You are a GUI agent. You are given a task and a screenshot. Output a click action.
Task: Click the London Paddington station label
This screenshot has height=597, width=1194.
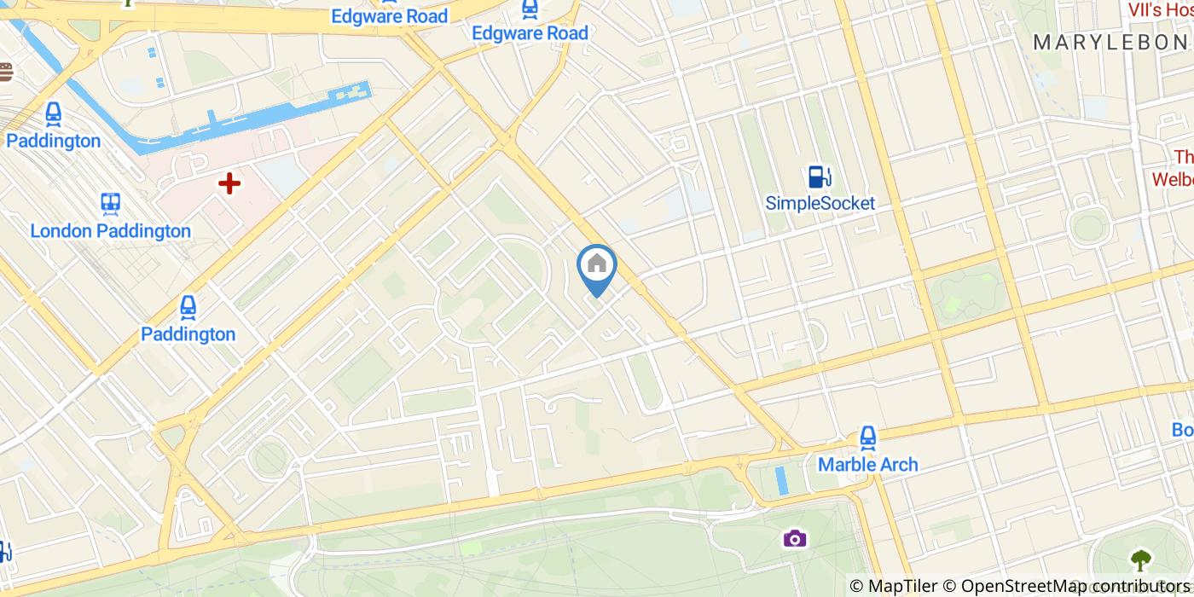pyautogui.click(x=111, y=231)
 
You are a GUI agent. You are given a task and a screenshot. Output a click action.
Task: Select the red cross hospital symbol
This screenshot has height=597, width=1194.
pyautogui.click(x=229, y=183)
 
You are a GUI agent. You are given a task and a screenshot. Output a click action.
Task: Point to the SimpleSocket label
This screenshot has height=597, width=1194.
pyautogui.click(x=820, y=204)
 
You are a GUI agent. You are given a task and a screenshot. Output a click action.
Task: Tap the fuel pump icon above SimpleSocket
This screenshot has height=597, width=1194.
pyautogui.click(x=820, y=177)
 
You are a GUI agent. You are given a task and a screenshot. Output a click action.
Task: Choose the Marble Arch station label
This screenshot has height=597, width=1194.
pyautogui.click(x=867, y=465)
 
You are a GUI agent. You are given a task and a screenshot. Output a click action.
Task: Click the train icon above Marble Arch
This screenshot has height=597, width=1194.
pyautogui.click(x=867, y=438)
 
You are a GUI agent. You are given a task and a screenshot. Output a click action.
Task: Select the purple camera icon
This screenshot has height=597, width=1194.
pyautogui.click(x=794, y=538)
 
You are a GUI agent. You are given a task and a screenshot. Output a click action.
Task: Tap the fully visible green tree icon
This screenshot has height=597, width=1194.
pyautogui.click(x=1141, y=560)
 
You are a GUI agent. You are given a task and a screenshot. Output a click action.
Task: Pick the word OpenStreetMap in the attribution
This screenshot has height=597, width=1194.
pyautogui.click(x=1013, y=586)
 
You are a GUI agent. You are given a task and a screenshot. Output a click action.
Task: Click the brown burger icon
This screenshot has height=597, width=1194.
pyautogui.click(x=5, y=72)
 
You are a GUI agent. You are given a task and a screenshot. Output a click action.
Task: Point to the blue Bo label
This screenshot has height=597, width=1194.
pyautogui.click(x=1182, y=430)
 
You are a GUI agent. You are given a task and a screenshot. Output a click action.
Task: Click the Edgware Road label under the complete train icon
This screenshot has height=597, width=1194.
pyautogui.click(x=530, y=33)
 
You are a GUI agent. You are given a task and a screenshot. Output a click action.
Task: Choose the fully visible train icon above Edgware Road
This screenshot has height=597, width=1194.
pyautogui.click(x=530, y=8)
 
